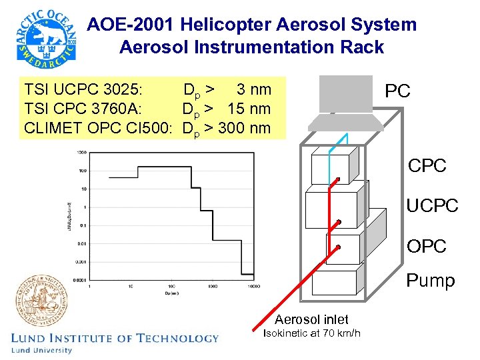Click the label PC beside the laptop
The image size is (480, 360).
(x=398, y=91)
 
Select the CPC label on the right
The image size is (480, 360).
(x=427, y=166)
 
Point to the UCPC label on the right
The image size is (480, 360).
(x=432, y=206)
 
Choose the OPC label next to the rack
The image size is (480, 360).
(x=426, y=246)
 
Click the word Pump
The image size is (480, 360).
(x=431, y=281)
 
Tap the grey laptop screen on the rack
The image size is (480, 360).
(x=345, y=94)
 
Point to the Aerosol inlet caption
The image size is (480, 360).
(x=311, y=319)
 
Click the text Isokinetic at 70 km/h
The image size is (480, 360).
(x=312, y=333)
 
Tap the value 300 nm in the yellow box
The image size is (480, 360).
(x=247, y=127)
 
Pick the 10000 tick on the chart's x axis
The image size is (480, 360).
(x=253, y=285)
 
